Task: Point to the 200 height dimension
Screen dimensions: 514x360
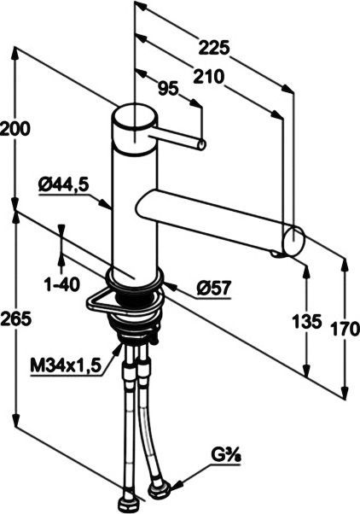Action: coord(16,130)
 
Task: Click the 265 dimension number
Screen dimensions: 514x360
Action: coord(16,318)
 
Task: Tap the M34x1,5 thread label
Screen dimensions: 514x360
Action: coord(66,365)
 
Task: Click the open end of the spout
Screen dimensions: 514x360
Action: coord(293,240)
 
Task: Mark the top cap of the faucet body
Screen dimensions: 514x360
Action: coord(134,117)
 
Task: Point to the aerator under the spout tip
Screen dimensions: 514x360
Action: coord(278,253)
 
